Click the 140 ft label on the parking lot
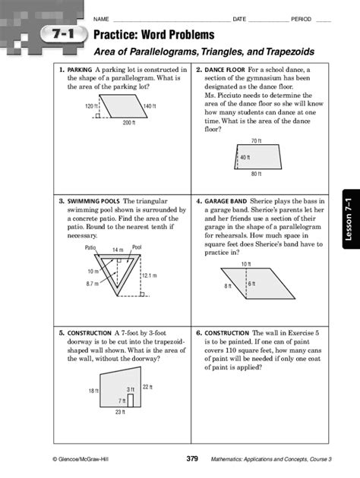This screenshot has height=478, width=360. (149, 106)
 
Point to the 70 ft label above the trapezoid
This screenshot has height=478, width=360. (256, 141)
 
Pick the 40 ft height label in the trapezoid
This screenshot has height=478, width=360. (245, 158)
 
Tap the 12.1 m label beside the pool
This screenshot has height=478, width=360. (149, 275)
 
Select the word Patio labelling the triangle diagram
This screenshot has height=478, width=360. (90, 247)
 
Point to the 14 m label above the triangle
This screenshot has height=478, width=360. (118, 250)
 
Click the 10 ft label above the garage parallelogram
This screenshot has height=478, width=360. (246, 263)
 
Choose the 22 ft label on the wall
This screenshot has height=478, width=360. (147, 387)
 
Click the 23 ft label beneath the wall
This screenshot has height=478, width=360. (119, 413)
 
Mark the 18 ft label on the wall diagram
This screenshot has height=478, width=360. (92, 391)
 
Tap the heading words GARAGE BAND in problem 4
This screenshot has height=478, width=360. (226, 203)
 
